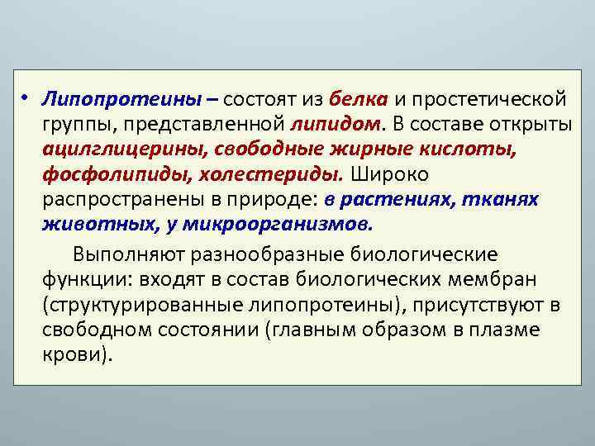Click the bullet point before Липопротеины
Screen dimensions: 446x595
[x=27, y=99]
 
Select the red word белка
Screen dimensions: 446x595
[x=358, y=100]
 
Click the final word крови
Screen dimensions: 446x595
[x=76, y=354]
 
